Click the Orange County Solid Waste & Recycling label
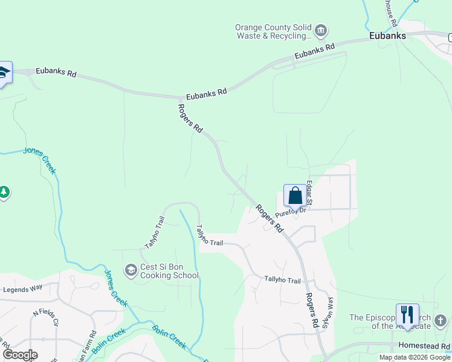tap(273, 32)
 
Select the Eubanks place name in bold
tap(387, 36)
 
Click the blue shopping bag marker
tap(295, 196)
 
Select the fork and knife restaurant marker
tap(407, 315)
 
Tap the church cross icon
tap(441, 320)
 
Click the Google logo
tap(20, 355)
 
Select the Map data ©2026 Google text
tap(415, 357)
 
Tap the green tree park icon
tap(4, 192)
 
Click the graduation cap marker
tap(4, 73)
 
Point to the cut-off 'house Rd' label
tap(391, 12)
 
